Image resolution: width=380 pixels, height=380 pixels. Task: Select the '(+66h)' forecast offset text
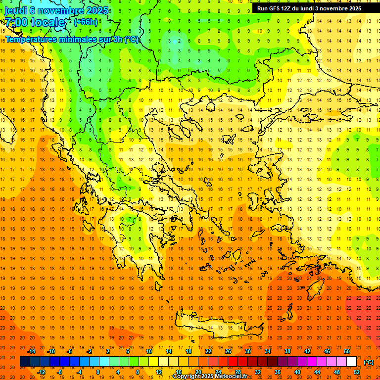86,22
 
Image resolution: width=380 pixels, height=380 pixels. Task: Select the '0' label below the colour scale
98,372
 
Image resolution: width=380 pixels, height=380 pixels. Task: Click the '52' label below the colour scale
357,372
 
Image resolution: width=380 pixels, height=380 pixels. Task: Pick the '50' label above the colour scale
347,351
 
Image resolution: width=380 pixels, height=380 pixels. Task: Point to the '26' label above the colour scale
228,351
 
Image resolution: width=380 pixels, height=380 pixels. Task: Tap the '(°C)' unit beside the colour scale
369,362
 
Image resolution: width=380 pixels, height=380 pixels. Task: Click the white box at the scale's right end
351,362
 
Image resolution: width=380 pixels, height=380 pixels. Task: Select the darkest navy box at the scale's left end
25,362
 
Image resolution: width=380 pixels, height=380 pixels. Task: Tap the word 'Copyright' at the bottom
188,377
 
